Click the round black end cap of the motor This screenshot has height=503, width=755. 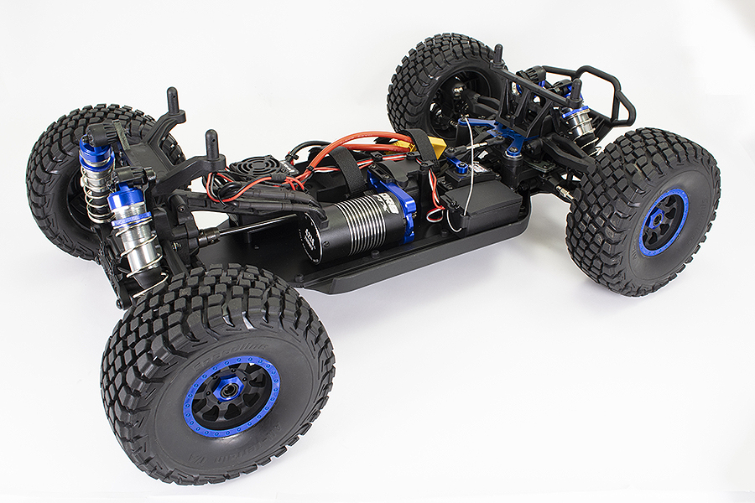[313, 243]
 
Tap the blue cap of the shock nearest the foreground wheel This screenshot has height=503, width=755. [127, 200]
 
